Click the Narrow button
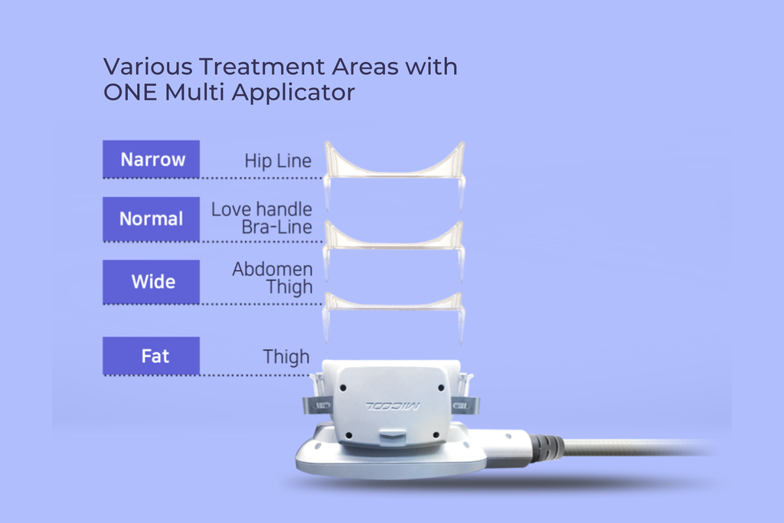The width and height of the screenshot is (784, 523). coord(151,159)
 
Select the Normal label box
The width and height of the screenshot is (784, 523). coord(151,218)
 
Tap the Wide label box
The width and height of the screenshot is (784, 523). coord(151,282)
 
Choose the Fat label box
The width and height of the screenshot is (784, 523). coord(151,355)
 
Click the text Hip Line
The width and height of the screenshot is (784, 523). coord(278,161)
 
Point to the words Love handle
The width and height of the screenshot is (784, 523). coord(262,209)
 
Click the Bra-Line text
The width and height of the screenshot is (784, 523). coord(277,227)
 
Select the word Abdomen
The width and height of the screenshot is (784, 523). coord(273,269)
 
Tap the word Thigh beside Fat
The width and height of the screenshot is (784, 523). coord(286,357)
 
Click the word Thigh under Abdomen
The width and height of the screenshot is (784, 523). coord(289,287)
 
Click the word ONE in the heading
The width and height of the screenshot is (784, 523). coord(130,93)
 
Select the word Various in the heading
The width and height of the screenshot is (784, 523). coord(148,67)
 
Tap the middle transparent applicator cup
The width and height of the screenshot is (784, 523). coord(394,244)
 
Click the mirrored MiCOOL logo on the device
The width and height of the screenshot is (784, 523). coord(393,406)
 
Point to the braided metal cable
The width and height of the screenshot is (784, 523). coord(640,447)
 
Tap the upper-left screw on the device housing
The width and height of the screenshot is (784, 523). coord(344,388)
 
